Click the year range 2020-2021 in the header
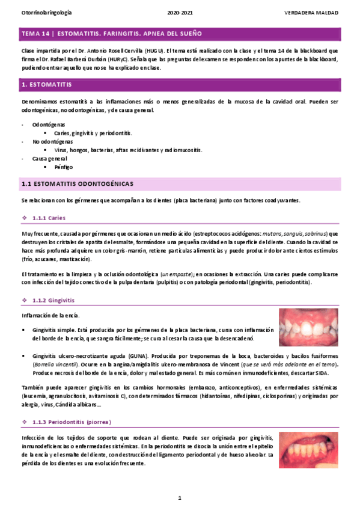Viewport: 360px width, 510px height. [x=180, y=12]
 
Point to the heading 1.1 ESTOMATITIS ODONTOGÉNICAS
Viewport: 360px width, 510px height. [x=76, y=183]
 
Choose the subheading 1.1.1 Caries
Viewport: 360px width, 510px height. [x=48, y=217]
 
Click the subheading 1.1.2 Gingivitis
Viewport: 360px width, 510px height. [x=53, y=300]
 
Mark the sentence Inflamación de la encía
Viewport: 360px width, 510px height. [x=47, y=316]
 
